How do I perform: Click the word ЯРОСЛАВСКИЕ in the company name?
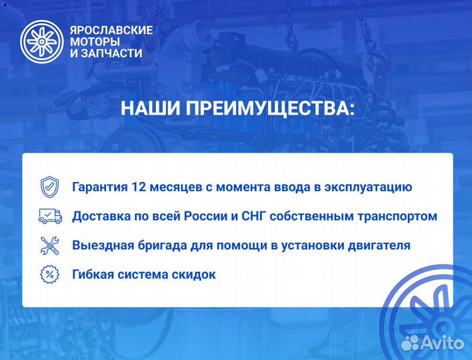coord(111,30)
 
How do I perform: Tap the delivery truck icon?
coord(50,215)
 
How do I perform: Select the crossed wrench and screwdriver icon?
coord(50,245)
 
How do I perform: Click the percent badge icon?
coord(50,274)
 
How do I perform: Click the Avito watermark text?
coord(443,343)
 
